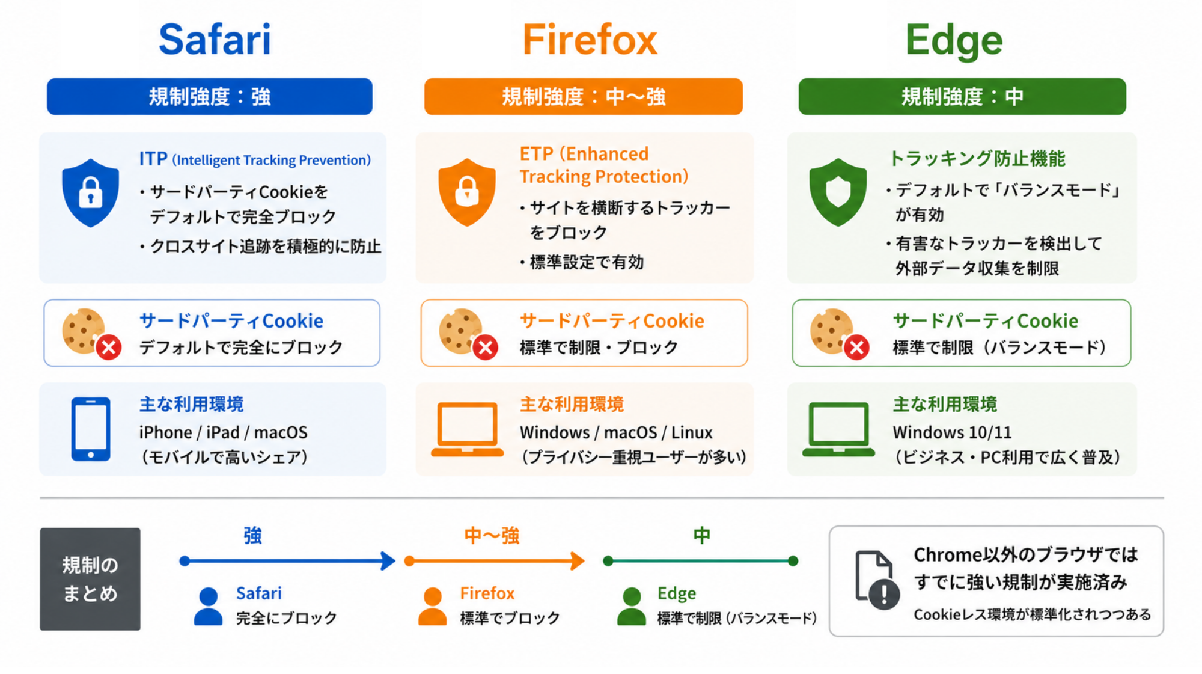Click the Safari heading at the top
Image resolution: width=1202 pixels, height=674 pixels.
(215, 40)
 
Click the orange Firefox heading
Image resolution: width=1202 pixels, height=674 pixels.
(590, 40)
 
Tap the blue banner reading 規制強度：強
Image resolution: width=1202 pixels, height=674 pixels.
(210, 96)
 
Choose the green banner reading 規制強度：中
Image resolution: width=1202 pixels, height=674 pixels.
(962, 96)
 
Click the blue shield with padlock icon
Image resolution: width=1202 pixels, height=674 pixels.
(91, 192)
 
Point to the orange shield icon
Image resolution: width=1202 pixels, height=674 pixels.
(467, 192)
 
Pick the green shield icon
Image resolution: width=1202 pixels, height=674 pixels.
(838, 192)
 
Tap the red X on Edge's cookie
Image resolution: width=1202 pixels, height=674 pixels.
(856, 348)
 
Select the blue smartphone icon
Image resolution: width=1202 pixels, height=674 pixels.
(91, 429)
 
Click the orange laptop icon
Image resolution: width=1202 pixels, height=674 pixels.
(467, 429)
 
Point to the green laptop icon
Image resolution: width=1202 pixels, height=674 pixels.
(838, 429)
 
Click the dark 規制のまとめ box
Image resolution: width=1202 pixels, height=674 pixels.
(90, 579)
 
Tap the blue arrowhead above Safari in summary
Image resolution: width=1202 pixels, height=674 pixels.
(388, 561)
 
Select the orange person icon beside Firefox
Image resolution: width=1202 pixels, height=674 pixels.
(432, 607)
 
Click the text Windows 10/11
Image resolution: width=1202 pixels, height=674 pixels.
(952, 432)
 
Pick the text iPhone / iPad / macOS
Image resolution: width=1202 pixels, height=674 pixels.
(223, 432)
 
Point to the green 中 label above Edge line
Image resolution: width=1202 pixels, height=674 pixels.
(701, 535)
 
